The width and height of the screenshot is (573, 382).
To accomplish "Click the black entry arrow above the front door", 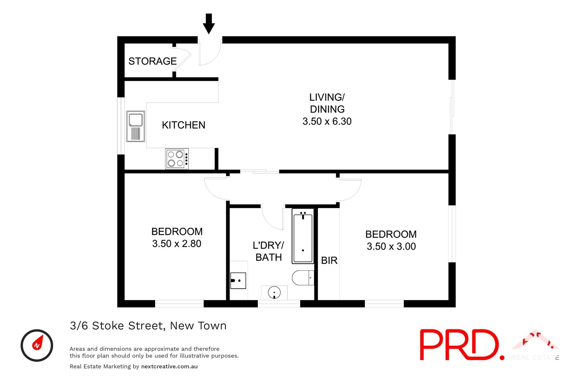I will click(209, 24).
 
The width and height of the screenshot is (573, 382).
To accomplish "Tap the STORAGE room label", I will click(153, 61).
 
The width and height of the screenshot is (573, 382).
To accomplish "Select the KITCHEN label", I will click(183, 125).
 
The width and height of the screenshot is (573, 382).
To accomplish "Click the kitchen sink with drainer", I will click(136, 126).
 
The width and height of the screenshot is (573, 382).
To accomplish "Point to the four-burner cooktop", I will click(177, 159).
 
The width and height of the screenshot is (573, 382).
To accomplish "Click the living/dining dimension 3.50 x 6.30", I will click(327, 121).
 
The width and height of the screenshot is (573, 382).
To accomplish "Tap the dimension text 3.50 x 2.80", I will click(177, 243).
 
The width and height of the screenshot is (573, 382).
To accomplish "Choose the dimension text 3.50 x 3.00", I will click(391, 246).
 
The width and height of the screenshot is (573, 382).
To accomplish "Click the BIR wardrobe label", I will click(329, 260).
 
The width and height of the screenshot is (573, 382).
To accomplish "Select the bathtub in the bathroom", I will click(303, 236).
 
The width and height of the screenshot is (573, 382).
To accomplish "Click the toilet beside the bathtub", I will click(303, 277).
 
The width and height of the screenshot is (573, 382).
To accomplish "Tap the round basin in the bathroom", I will click(274, 292).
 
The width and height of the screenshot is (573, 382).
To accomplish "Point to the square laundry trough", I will click(238, 280).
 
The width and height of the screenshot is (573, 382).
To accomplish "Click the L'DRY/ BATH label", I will click(268, 251).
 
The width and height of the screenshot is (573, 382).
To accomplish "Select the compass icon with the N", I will click(37, 345).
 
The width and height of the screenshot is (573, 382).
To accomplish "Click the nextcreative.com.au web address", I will click(169, 366).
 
